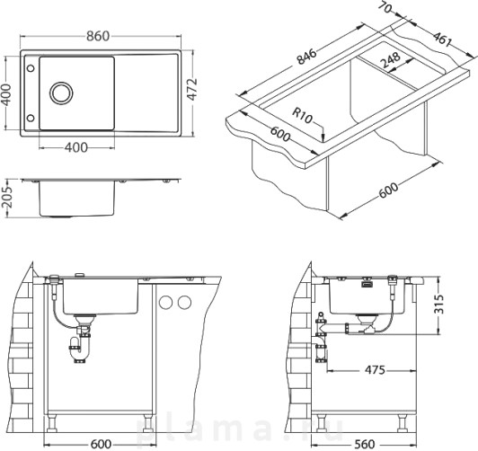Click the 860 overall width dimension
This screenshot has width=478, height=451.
[x=98, y=36]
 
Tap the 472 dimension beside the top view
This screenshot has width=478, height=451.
[x=192, y=89]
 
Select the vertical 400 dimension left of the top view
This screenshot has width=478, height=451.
[x=5, y=94]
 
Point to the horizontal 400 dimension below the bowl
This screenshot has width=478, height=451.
[x=75, y=147]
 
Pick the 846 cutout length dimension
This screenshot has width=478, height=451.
[x=307, y=57]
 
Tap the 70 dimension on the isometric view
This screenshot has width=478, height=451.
[x=385, y=7]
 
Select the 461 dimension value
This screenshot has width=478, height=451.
[x=442, y=40]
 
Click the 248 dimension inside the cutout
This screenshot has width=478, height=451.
[x=391, y=60]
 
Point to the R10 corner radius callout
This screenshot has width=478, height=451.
[x=303, y=116]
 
